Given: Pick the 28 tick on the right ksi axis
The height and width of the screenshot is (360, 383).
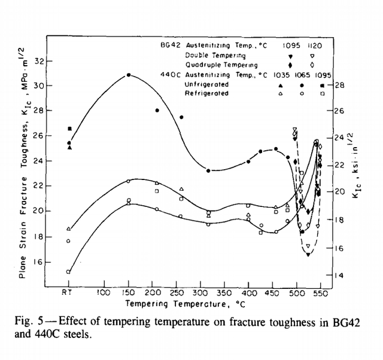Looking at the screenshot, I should pos(339,85).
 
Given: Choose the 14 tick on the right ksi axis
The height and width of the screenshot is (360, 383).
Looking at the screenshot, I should pos(339,276).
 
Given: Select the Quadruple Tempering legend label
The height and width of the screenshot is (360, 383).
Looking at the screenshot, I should pos(220,65).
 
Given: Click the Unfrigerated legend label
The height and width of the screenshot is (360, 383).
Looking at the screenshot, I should pos(207,84).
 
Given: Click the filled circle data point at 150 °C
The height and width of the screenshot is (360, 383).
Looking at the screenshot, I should pos(129,75).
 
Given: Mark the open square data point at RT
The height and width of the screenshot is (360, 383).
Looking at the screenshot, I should pos(68,271).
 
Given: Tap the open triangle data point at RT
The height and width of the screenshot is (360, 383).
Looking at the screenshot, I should pos(69,228).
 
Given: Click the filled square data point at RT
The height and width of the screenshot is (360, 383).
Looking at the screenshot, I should pos(70,129).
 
